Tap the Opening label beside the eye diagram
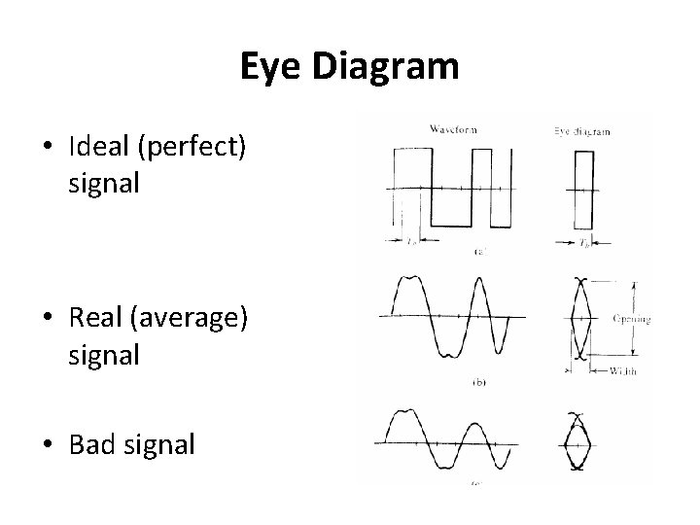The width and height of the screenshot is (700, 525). pos(632,317)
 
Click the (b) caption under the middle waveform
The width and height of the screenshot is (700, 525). pos(478,383)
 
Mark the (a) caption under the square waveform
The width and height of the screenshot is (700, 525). pos(478,252)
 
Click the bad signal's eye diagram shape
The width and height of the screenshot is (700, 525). pos(575,444)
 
